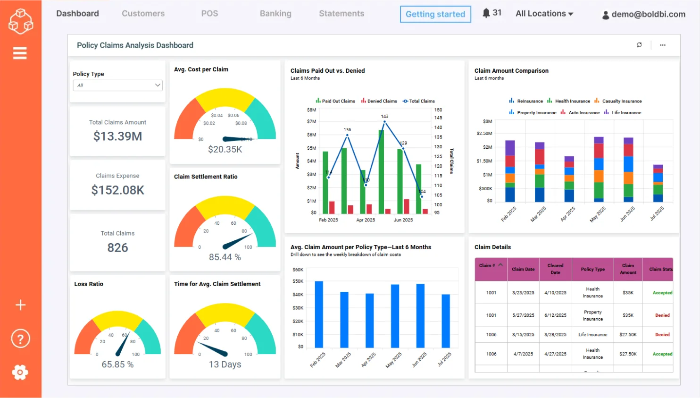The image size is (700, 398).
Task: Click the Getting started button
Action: pyautogui.click(x=435, y=14)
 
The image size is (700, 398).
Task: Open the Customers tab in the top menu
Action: pyautogui.click(x=143, y=14)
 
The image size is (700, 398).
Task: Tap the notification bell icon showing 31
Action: pyautogui.click(x=486, y=13)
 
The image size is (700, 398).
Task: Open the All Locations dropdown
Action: pyautogui.click(x=544, y=14)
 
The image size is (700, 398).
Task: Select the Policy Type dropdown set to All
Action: pyautogui.click(x=117, y=85)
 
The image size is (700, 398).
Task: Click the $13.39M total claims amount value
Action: pyautogui.click(x=117, y=136)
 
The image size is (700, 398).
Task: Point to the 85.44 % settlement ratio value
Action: pyautogui.click(x=225, y=257)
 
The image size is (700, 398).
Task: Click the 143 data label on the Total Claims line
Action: pyautogui.click(x=384, y=116)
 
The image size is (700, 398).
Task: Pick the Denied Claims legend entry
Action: pyautogui.click(x=379, y=101)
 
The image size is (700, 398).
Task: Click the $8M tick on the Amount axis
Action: pyautogui.click(x=311, y=110)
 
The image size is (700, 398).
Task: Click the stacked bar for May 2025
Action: pyautogui.click(x=599, y=169)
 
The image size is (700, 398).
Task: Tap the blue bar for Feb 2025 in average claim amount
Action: pyautogui.click(x=319, y=314)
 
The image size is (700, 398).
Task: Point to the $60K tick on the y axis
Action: pyautogui.click(x=298, y=270)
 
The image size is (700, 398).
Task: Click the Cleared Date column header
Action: pyautogui.click(x=555, y=269)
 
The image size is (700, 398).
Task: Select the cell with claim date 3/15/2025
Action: pyautogui.click(x=523, y=335)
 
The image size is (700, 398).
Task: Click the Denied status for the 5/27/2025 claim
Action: pyautogui.click(x=662, y=315)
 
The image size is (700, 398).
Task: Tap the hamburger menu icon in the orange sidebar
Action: pyautogui.click(x=20, y=53)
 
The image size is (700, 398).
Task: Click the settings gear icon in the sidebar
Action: pyautogui.click(x=20, y=373)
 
